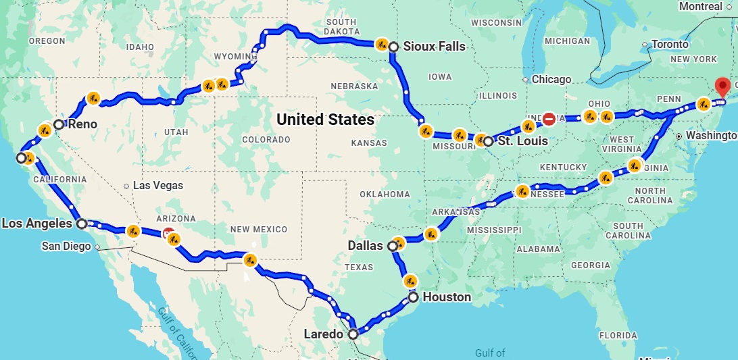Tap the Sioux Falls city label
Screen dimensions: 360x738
[x=434, y=47]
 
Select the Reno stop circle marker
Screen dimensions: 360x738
[x=59, y=124]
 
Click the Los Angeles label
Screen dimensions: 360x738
[x=37, y=223]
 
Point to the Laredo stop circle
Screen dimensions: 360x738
[x=353, y=334]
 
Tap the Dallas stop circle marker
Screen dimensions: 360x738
[x=392, y=247]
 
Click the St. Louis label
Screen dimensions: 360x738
[x=522, y=141]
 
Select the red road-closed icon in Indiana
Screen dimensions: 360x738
[x=549, y=119]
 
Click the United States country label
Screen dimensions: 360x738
[x=325, y=120]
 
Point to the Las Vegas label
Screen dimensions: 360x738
[x=157, y=185]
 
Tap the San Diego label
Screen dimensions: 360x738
[x=66, y=246]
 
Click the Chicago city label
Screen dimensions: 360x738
[x=551, y=79]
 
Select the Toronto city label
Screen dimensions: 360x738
[x=669, y=45]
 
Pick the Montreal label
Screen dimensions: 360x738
[x=700, y=6]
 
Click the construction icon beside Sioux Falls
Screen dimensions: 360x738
[x=382, y=45]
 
